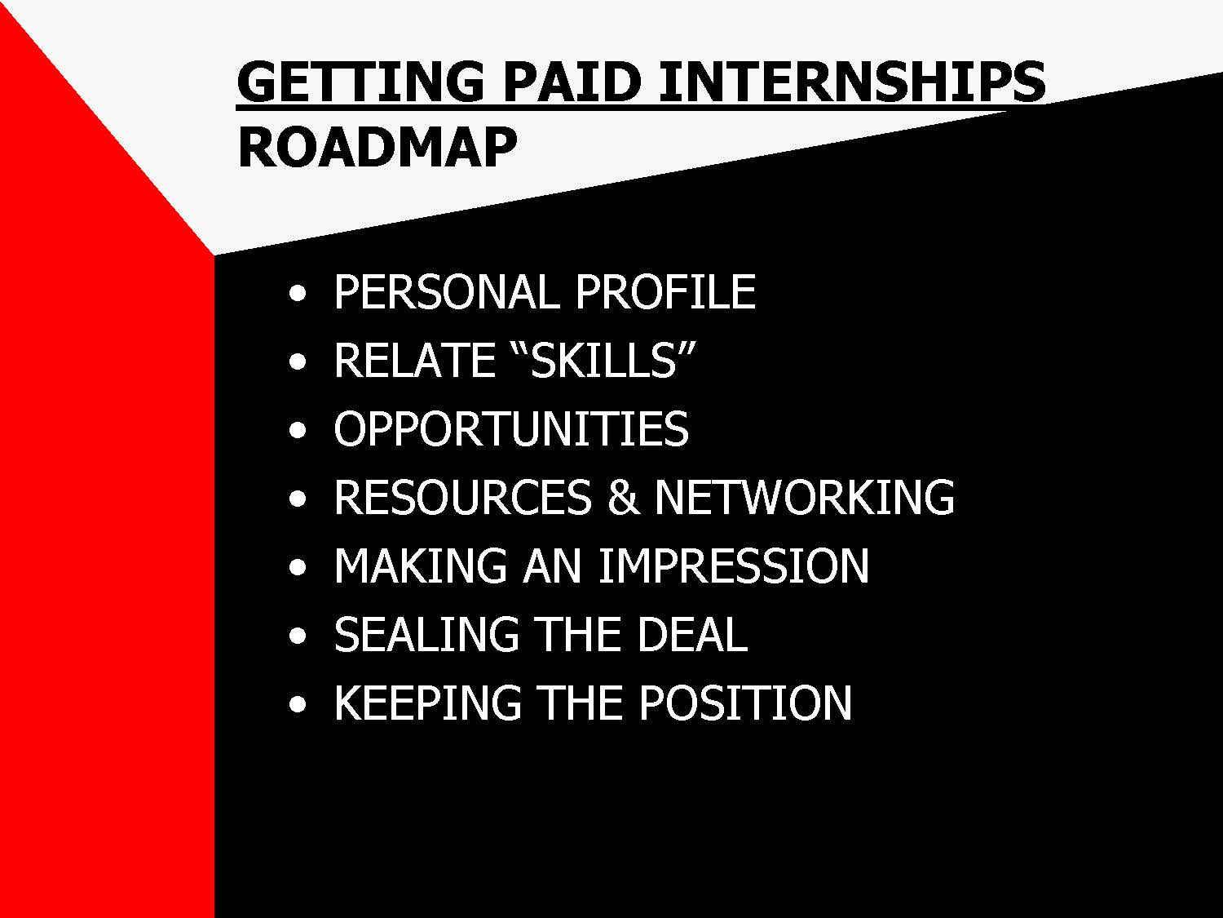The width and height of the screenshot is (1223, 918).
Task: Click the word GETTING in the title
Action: [x=360, y=82]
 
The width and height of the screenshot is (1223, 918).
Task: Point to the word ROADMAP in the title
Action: [x=377, y=146]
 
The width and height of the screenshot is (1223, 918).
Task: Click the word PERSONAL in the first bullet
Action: [x=446, y=291]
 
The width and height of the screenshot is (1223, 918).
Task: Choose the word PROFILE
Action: [x=665, y=291]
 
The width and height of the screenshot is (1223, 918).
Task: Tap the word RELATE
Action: [x=414, y=360]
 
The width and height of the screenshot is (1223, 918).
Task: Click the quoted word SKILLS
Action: [x=604, y=360]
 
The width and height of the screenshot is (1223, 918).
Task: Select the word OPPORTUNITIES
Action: [x=511, y=428]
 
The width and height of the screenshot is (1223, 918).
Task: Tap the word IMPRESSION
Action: [x=733, y=565]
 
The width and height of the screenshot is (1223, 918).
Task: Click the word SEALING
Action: [x=426, y=634]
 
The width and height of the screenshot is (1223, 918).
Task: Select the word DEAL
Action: [x=692, y=634]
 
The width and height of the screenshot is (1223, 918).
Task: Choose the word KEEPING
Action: [x=427, y=703]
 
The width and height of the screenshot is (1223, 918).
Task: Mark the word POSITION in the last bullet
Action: [x=745, y=703]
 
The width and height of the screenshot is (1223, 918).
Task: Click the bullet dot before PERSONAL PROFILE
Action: [x=298, y=294]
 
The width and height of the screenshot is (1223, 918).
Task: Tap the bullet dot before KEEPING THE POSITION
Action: [x=298, y=705]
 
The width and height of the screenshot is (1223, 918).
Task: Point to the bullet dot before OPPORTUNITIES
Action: [x=298, y=431]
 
